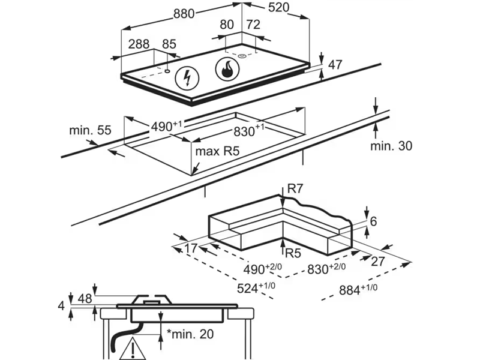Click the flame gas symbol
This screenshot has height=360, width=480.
point(227,70)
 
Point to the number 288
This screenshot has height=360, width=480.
point(138,44)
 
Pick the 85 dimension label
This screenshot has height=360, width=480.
point(169,44)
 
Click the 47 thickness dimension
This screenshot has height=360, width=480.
point(335,64)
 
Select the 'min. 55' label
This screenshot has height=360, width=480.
point(90,129)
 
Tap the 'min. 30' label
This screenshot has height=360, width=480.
point(391,145)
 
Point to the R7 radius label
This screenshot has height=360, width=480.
point(295,189)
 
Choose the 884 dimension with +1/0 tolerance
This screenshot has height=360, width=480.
point(358,290)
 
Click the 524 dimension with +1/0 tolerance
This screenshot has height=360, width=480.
point(251,287)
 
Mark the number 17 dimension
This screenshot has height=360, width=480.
point(191,248)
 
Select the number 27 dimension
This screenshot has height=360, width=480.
point(378,261)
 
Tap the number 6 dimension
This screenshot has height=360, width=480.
point(373,221)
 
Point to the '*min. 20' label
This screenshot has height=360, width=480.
point(189,333)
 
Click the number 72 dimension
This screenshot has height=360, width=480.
point(253,25)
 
